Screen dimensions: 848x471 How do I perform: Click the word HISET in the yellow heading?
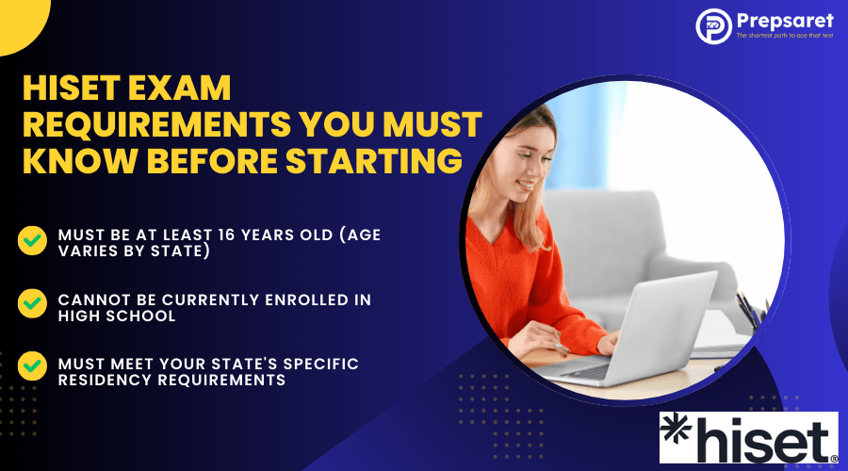[x=72, y=88]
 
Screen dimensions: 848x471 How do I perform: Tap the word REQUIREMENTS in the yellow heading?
[x=156, y=124]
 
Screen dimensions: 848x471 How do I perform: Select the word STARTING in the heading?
[x=374, y=160]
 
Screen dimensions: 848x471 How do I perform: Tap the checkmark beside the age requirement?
[x=32, y=240]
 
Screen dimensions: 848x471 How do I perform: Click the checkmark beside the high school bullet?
[x=32, y=303]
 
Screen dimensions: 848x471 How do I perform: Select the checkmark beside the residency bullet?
[x=32, y=366]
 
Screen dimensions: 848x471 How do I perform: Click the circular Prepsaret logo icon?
[x=713, y=26]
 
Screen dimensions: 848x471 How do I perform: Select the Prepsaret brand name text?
[x=785, y=21]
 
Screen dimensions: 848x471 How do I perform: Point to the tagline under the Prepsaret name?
[x=785, y=36]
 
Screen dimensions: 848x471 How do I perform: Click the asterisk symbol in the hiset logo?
[x=676, y=430]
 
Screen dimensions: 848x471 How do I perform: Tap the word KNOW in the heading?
[x=79, y=160]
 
